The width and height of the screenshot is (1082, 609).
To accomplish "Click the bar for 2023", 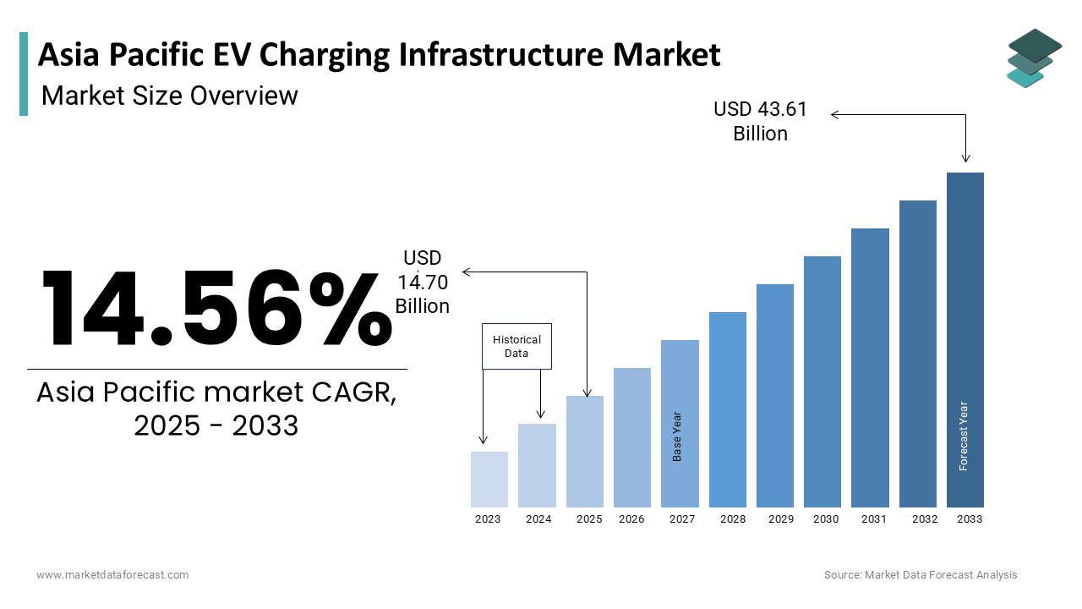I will (489, 480).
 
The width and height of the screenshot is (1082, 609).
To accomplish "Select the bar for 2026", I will (632, 437).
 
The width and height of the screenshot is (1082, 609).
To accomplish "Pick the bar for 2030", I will (822, 381).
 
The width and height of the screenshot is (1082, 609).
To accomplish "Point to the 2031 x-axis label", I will (873, 519).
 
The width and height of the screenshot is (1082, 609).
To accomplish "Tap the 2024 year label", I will (538, 519).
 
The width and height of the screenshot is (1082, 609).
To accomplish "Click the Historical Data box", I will (516, 346).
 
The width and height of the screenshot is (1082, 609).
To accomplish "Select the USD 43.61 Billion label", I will (760, 121).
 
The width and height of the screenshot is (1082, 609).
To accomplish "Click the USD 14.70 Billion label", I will (423, 282).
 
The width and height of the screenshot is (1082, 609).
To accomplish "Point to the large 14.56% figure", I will (216, 308).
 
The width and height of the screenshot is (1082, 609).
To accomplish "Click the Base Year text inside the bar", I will (677, 436).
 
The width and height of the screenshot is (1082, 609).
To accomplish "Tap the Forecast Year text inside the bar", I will (964, 436).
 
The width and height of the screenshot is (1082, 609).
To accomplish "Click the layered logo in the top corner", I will (1034, 58).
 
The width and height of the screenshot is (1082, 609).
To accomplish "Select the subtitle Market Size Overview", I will (170, 96).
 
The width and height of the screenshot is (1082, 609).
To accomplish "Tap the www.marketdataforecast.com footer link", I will (112, 575).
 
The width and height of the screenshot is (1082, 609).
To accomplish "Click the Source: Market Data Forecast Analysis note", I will (921, 575).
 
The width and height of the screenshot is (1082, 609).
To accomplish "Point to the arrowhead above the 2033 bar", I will (965, 158).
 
